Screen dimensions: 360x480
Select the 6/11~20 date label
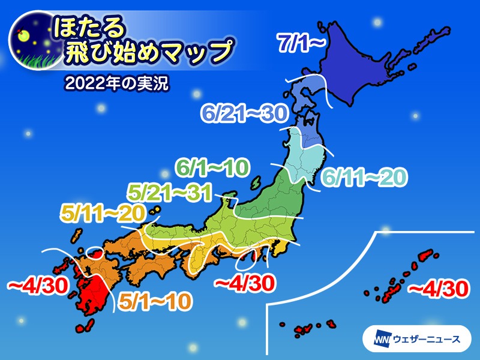click(365, 177)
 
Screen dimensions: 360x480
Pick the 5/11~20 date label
click(102, 213)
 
